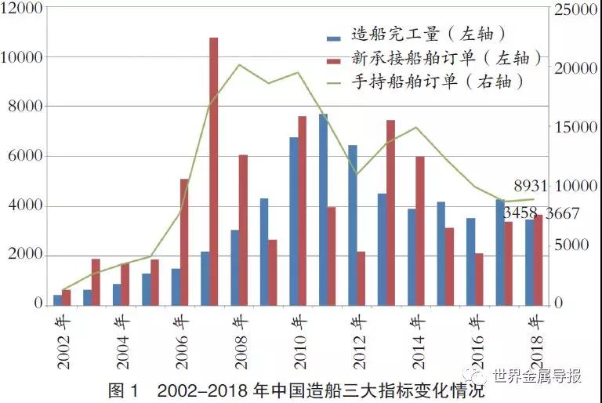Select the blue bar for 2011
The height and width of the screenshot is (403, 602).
coord(323,209)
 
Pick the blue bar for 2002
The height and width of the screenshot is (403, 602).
coord(57,300)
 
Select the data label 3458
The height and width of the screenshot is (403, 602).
coord(520,213)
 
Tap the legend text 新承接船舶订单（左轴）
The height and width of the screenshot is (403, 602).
coord(439,58)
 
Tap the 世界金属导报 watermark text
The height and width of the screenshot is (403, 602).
coord(538,376)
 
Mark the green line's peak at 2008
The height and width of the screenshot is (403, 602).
coord(240,64)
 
